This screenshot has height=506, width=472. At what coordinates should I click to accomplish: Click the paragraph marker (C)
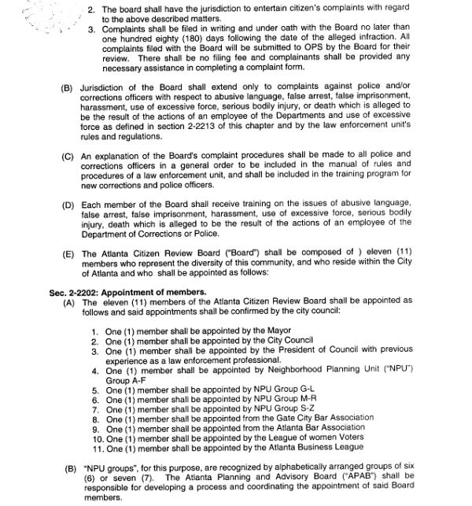click(x=67, y=156)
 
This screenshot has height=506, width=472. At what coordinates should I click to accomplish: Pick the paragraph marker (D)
click(x=67, y=205)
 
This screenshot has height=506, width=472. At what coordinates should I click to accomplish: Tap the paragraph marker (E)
click(x=67, y=255)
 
